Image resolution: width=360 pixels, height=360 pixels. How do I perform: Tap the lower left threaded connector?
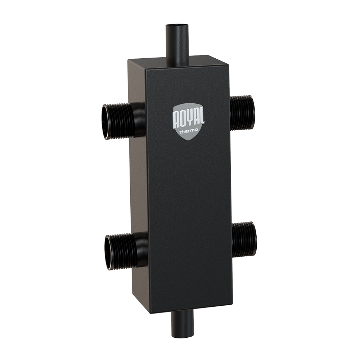click(125, 251)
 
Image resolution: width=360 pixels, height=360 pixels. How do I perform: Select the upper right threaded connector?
click(242, 112)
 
